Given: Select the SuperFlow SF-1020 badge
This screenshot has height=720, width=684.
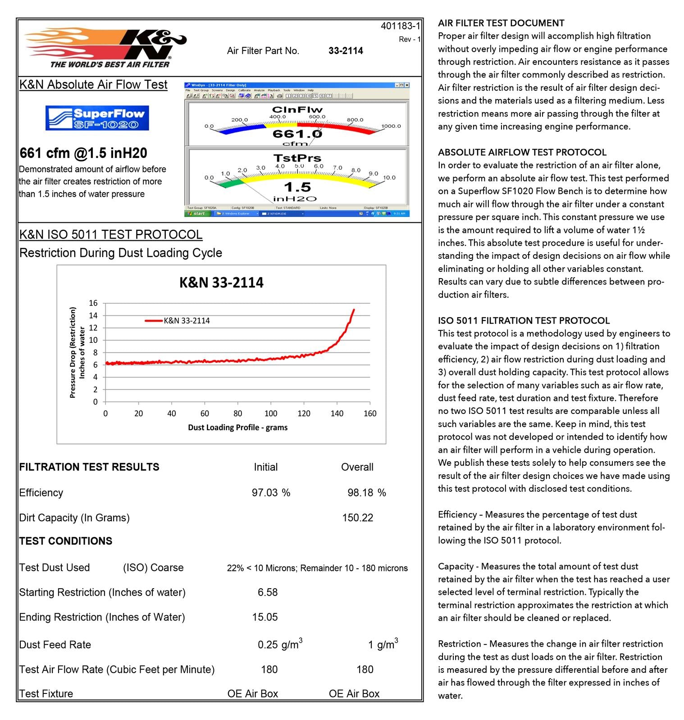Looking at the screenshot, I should click(x=97, y=118).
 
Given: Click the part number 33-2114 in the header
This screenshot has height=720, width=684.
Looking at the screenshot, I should click(x=346, y=51).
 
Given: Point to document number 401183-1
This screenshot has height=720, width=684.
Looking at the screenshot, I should click(x=400, y=26).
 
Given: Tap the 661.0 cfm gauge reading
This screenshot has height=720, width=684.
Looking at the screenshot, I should click(x=297, y=134).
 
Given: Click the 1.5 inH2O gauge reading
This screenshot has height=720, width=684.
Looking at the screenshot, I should click(x=297, y=187).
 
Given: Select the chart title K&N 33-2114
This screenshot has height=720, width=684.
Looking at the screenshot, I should click(x=221, y=283).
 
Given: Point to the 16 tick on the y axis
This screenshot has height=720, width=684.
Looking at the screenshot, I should click(x=93, y=303).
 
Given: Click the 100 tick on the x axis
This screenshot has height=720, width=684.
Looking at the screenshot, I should click(x=271, y=414).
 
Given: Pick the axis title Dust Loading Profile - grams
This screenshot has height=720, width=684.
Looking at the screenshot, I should click(x=237, y=427).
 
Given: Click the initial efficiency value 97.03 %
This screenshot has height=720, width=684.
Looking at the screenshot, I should click(x=271, y=493).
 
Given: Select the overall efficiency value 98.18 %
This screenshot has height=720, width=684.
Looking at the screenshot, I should click(x=366, y=493).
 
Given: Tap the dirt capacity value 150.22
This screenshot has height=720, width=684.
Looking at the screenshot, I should click(x=357, y=518).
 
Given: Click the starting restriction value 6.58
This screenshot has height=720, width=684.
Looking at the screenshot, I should click(x=268, y=592).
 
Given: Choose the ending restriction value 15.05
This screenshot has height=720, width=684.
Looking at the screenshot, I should click(x=265, y=617).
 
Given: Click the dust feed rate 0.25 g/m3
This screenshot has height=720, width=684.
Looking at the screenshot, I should click(x=280, y=644).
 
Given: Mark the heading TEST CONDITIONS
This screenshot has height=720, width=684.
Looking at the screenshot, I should click(x=66, y=541).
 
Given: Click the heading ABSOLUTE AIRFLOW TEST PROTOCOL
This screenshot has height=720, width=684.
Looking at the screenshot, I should click(x=522, y=152).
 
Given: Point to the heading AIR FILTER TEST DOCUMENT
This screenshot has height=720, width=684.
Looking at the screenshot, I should click(x=501, y=23).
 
